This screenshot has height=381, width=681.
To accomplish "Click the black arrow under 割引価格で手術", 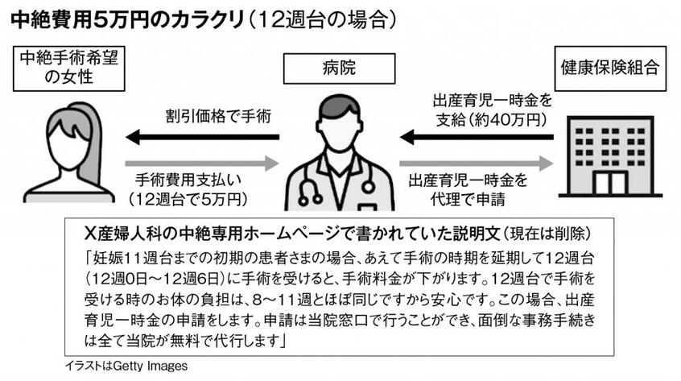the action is coord(203,137).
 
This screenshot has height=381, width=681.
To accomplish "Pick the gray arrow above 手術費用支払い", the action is coord(202,164).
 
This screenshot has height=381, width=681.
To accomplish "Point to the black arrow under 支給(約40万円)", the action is coord(477,137).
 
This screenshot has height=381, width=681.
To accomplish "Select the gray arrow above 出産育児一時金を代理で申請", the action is coord(476,164).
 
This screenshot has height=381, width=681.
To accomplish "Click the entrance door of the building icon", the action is coord(610,184).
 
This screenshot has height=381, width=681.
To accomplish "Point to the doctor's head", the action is coord(339,123).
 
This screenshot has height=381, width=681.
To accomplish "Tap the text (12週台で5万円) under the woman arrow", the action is coord(188,198).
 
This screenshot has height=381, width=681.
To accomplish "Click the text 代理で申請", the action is coord(468,198).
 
